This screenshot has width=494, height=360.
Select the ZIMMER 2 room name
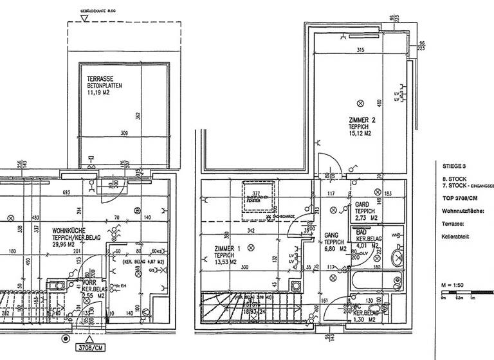coord(361,120)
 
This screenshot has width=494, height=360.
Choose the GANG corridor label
coord(332,235)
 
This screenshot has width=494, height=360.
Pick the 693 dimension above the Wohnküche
coord(67,193)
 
